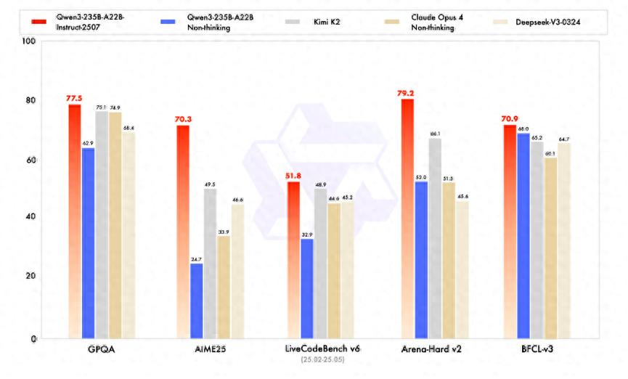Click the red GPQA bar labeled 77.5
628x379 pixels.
pyautogui.click(x=75, y=221)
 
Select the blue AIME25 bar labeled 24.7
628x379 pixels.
pyautogui.click(x=197, y=301)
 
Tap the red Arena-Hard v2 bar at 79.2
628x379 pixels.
pyautogui.click(x=407, y=218)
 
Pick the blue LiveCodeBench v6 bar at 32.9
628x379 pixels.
pyautogui.click(x=307, y=288)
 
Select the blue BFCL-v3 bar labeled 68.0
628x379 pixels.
pyautogui.click(x=523, y=235)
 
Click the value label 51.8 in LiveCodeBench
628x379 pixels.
pyautogui.click(x=293, y=175)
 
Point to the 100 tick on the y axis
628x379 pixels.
pyautogui.click(x=29, y=41)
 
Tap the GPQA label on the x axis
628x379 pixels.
pyautogui.click(x=97, y=349)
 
